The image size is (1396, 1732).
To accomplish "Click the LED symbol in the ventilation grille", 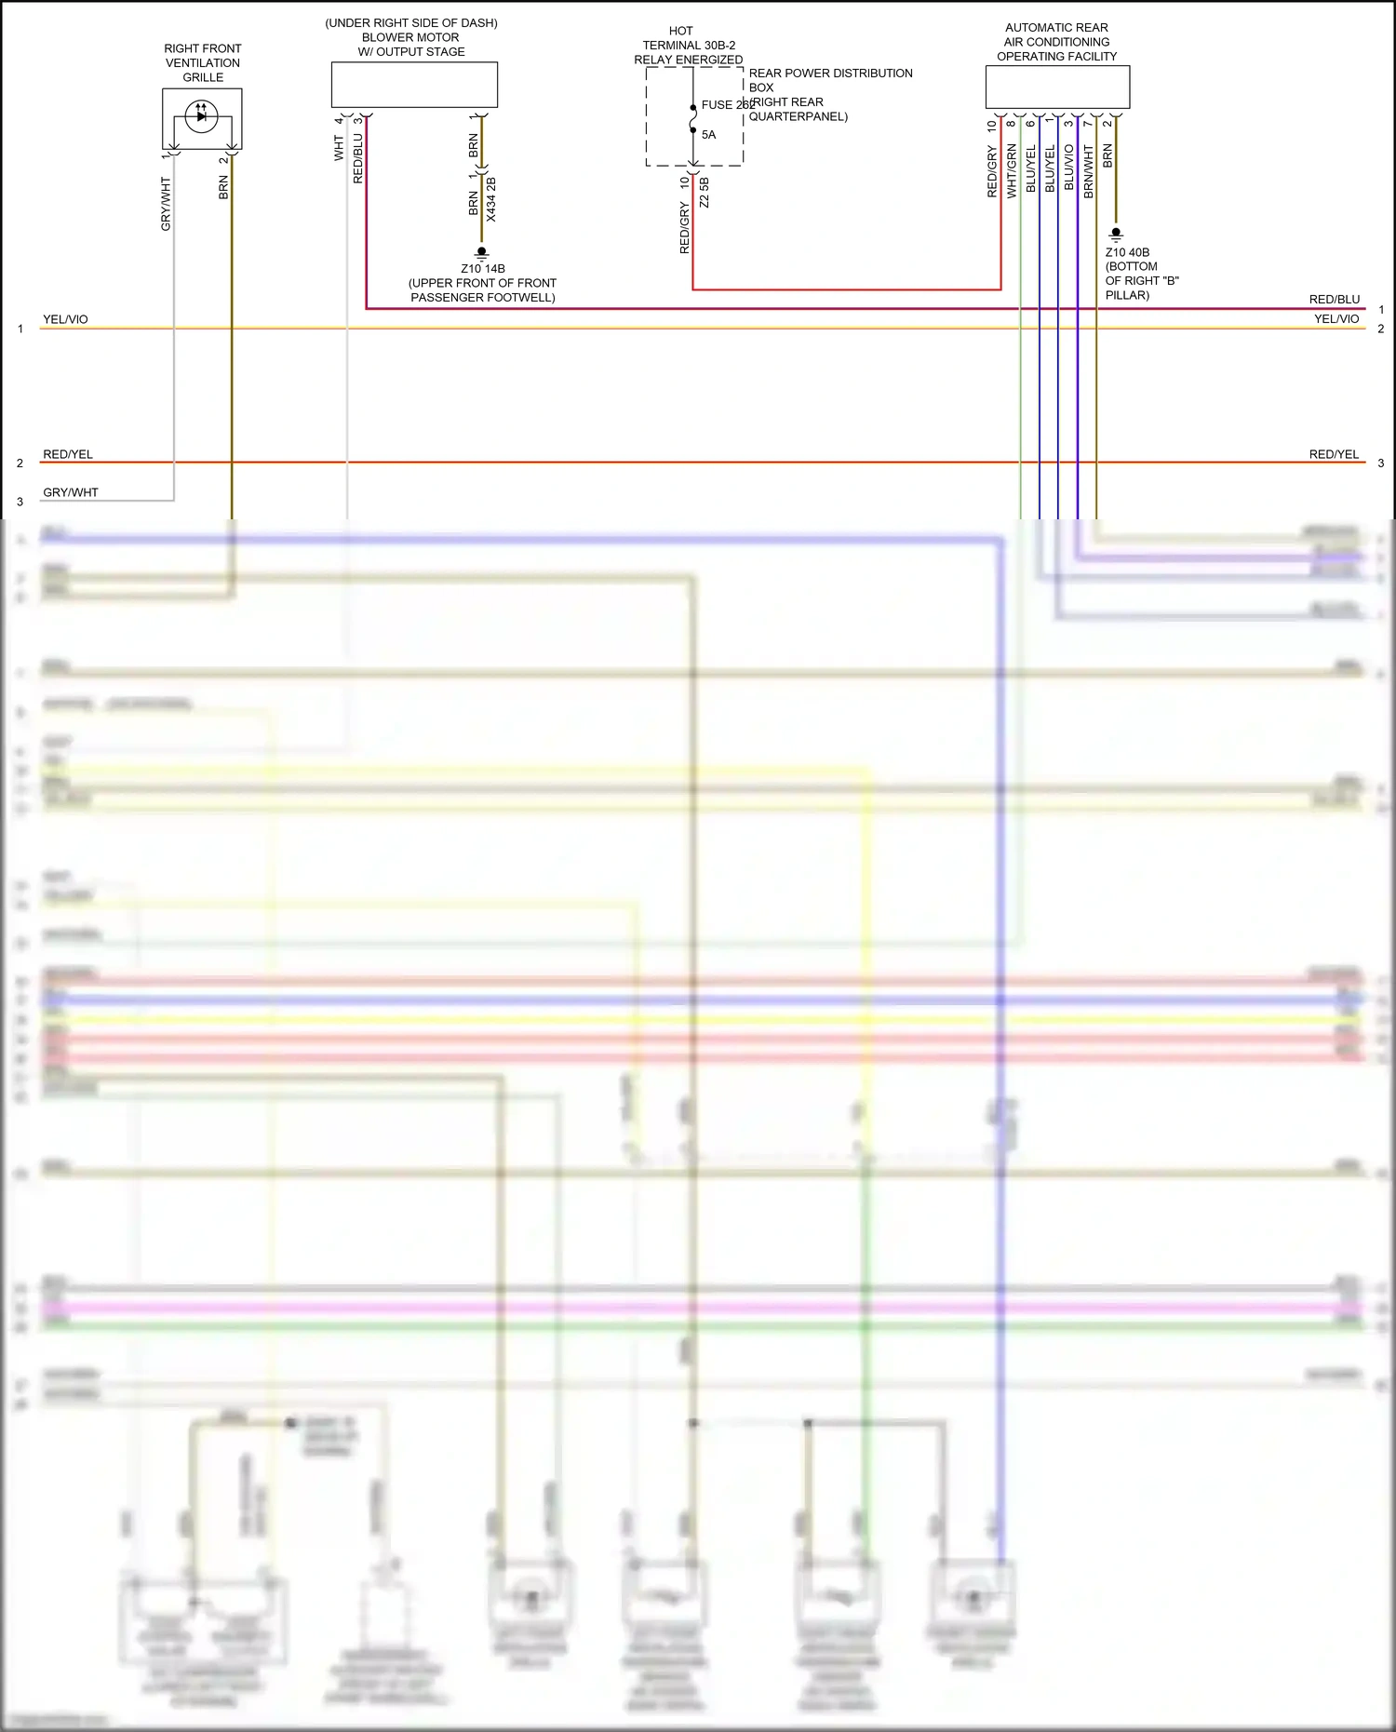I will point(201,116).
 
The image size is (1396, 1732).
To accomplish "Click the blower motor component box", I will point(414,85).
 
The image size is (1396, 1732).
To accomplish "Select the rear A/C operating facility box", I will point(1057,87).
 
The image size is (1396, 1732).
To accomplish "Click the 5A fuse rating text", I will point(708,135).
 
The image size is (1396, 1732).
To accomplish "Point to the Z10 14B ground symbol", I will point(481,252).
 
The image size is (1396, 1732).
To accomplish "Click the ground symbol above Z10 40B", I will point(1116,234).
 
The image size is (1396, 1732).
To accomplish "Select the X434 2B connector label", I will point(491,199).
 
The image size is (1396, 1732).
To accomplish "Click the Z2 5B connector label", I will point(705,193).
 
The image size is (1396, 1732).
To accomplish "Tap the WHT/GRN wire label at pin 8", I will point(1012,170).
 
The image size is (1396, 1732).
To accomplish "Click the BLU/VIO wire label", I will point(1069,168).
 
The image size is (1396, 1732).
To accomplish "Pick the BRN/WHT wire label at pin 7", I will point(1089,171).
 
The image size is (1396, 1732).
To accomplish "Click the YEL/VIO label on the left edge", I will point(65,319).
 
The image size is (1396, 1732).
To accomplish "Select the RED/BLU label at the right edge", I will point(1334,300).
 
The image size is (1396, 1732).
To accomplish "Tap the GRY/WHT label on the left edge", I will point(71,492).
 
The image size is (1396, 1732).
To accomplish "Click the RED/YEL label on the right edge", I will point(1334,454).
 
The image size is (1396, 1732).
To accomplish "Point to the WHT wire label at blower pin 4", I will point(339,148).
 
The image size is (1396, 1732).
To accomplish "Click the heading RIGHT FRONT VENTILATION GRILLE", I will point(203,62).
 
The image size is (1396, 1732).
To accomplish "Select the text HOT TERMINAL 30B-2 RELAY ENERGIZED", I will point(688,46).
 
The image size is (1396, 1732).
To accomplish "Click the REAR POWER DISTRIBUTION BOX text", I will point(830,80).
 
